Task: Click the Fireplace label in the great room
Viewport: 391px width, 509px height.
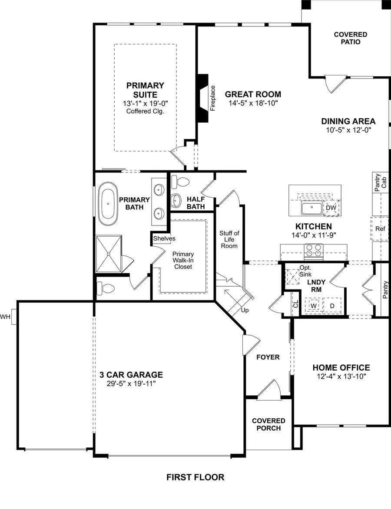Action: tap(213, 98)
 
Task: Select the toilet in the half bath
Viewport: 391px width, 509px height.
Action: tap(179, 183)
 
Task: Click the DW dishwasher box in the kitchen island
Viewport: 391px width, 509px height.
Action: tap(331, 208)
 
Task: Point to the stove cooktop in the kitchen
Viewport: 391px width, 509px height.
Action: tap(314, 250)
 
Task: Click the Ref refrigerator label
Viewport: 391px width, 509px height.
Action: tap(380, 228)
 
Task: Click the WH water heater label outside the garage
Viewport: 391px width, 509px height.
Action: tap(5, 316)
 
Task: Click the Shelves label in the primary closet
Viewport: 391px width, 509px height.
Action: tap(164, 238)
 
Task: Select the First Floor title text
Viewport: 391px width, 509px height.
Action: tap(195, 477)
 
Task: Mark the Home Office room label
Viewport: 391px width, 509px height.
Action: tap(341, 368)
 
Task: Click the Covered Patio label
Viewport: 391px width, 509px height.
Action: tap(350, 38)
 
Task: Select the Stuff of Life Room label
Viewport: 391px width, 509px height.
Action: tap(229, 239)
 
